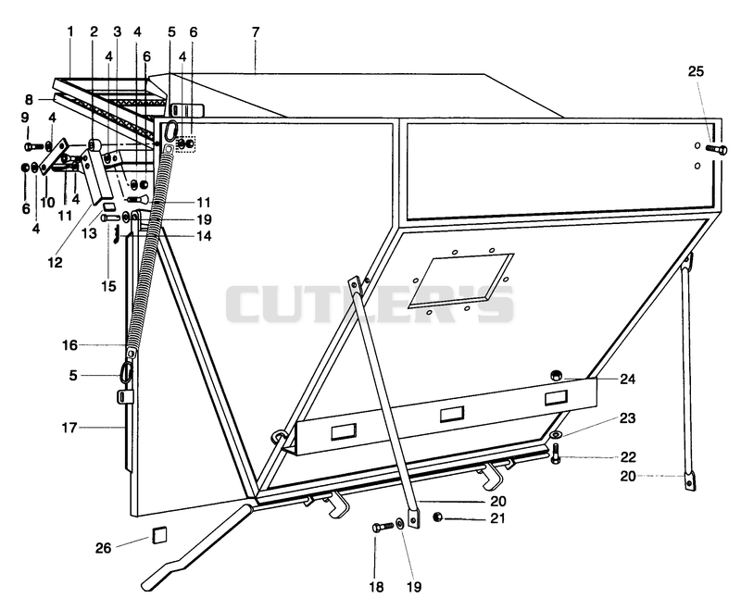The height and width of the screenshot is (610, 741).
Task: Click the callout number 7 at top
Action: click(256, 32)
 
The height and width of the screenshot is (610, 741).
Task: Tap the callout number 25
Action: click(696, 71)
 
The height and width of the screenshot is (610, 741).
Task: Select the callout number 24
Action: click(628, 380)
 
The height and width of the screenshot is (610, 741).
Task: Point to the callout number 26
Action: click(104, 548)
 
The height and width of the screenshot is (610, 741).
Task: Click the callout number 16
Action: click(69, 345)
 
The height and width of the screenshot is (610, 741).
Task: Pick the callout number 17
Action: click(69, 429)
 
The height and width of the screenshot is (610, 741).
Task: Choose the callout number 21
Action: click(497, 518)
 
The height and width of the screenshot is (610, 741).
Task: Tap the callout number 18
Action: click(377, 587)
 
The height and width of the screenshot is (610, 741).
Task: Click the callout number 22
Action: click(628, 457)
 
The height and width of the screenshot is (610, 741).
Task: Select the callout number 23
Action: click(628, 418)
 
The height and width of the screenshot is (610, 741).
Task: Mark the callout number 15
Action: click(108, 286)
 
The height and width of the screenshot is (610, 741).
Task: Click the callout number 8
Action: click(30, 100)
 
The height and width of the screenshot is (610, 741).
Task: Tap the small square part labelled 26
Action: click(158, 536)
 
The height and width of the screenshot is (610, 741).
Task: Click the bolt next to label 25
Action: click(716, 150)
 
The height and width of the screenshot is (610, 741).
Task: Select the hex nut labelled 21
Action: click(438, 517)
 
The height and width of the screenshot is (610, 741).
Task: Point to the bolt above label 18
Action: click(383, 526)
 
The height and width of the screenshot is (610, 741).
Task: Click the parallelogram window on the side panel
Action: click(460, 280)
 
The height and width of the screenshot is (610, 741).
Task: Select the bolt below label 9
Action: click(34, 146)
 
